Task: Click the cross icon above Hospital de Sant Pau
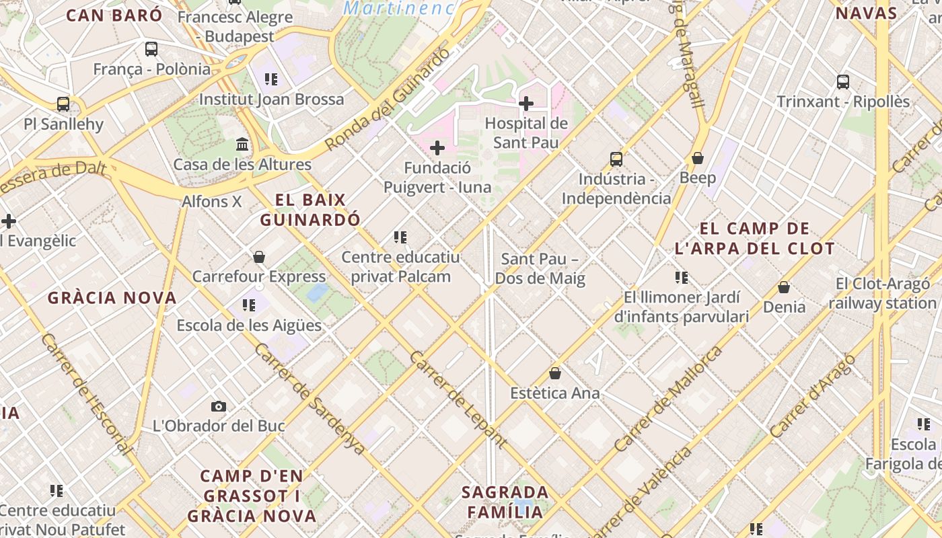click(x=526, y=104)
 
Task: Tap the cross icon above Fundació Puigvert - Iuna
click(x=437, y=148)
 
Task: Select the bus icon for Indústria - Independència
click(x=616, y=159)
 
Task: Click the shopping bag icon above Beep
click(x=698, y=158)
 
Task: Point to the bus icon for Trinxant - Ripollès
click(x=843, y=82)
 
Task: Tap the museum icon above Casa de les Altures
click(x=242, y=145)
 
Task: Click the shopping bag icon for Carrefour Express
click(x=259, y=257)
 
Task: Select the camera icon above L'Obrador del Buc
click(x=219, y=406)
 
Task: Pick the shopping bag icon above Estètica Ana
click(x=555, y=373)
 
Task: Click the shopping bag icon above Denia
click(x=784, y=287)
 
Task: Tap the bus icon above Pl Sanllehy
click(x=63, y=104)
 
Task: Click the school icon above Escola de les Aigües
click(x=249, y=305)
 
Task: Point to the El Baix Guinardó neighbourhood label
click(x=310, y=210)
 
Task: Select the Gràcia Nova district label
click(x=112, y=297)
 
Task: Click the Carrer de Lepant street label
click(x=458, y=399)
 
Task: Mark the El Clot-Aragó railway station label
click(x=883, y=293)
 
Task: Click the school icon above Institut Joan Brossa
click(x=271, y=79)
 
